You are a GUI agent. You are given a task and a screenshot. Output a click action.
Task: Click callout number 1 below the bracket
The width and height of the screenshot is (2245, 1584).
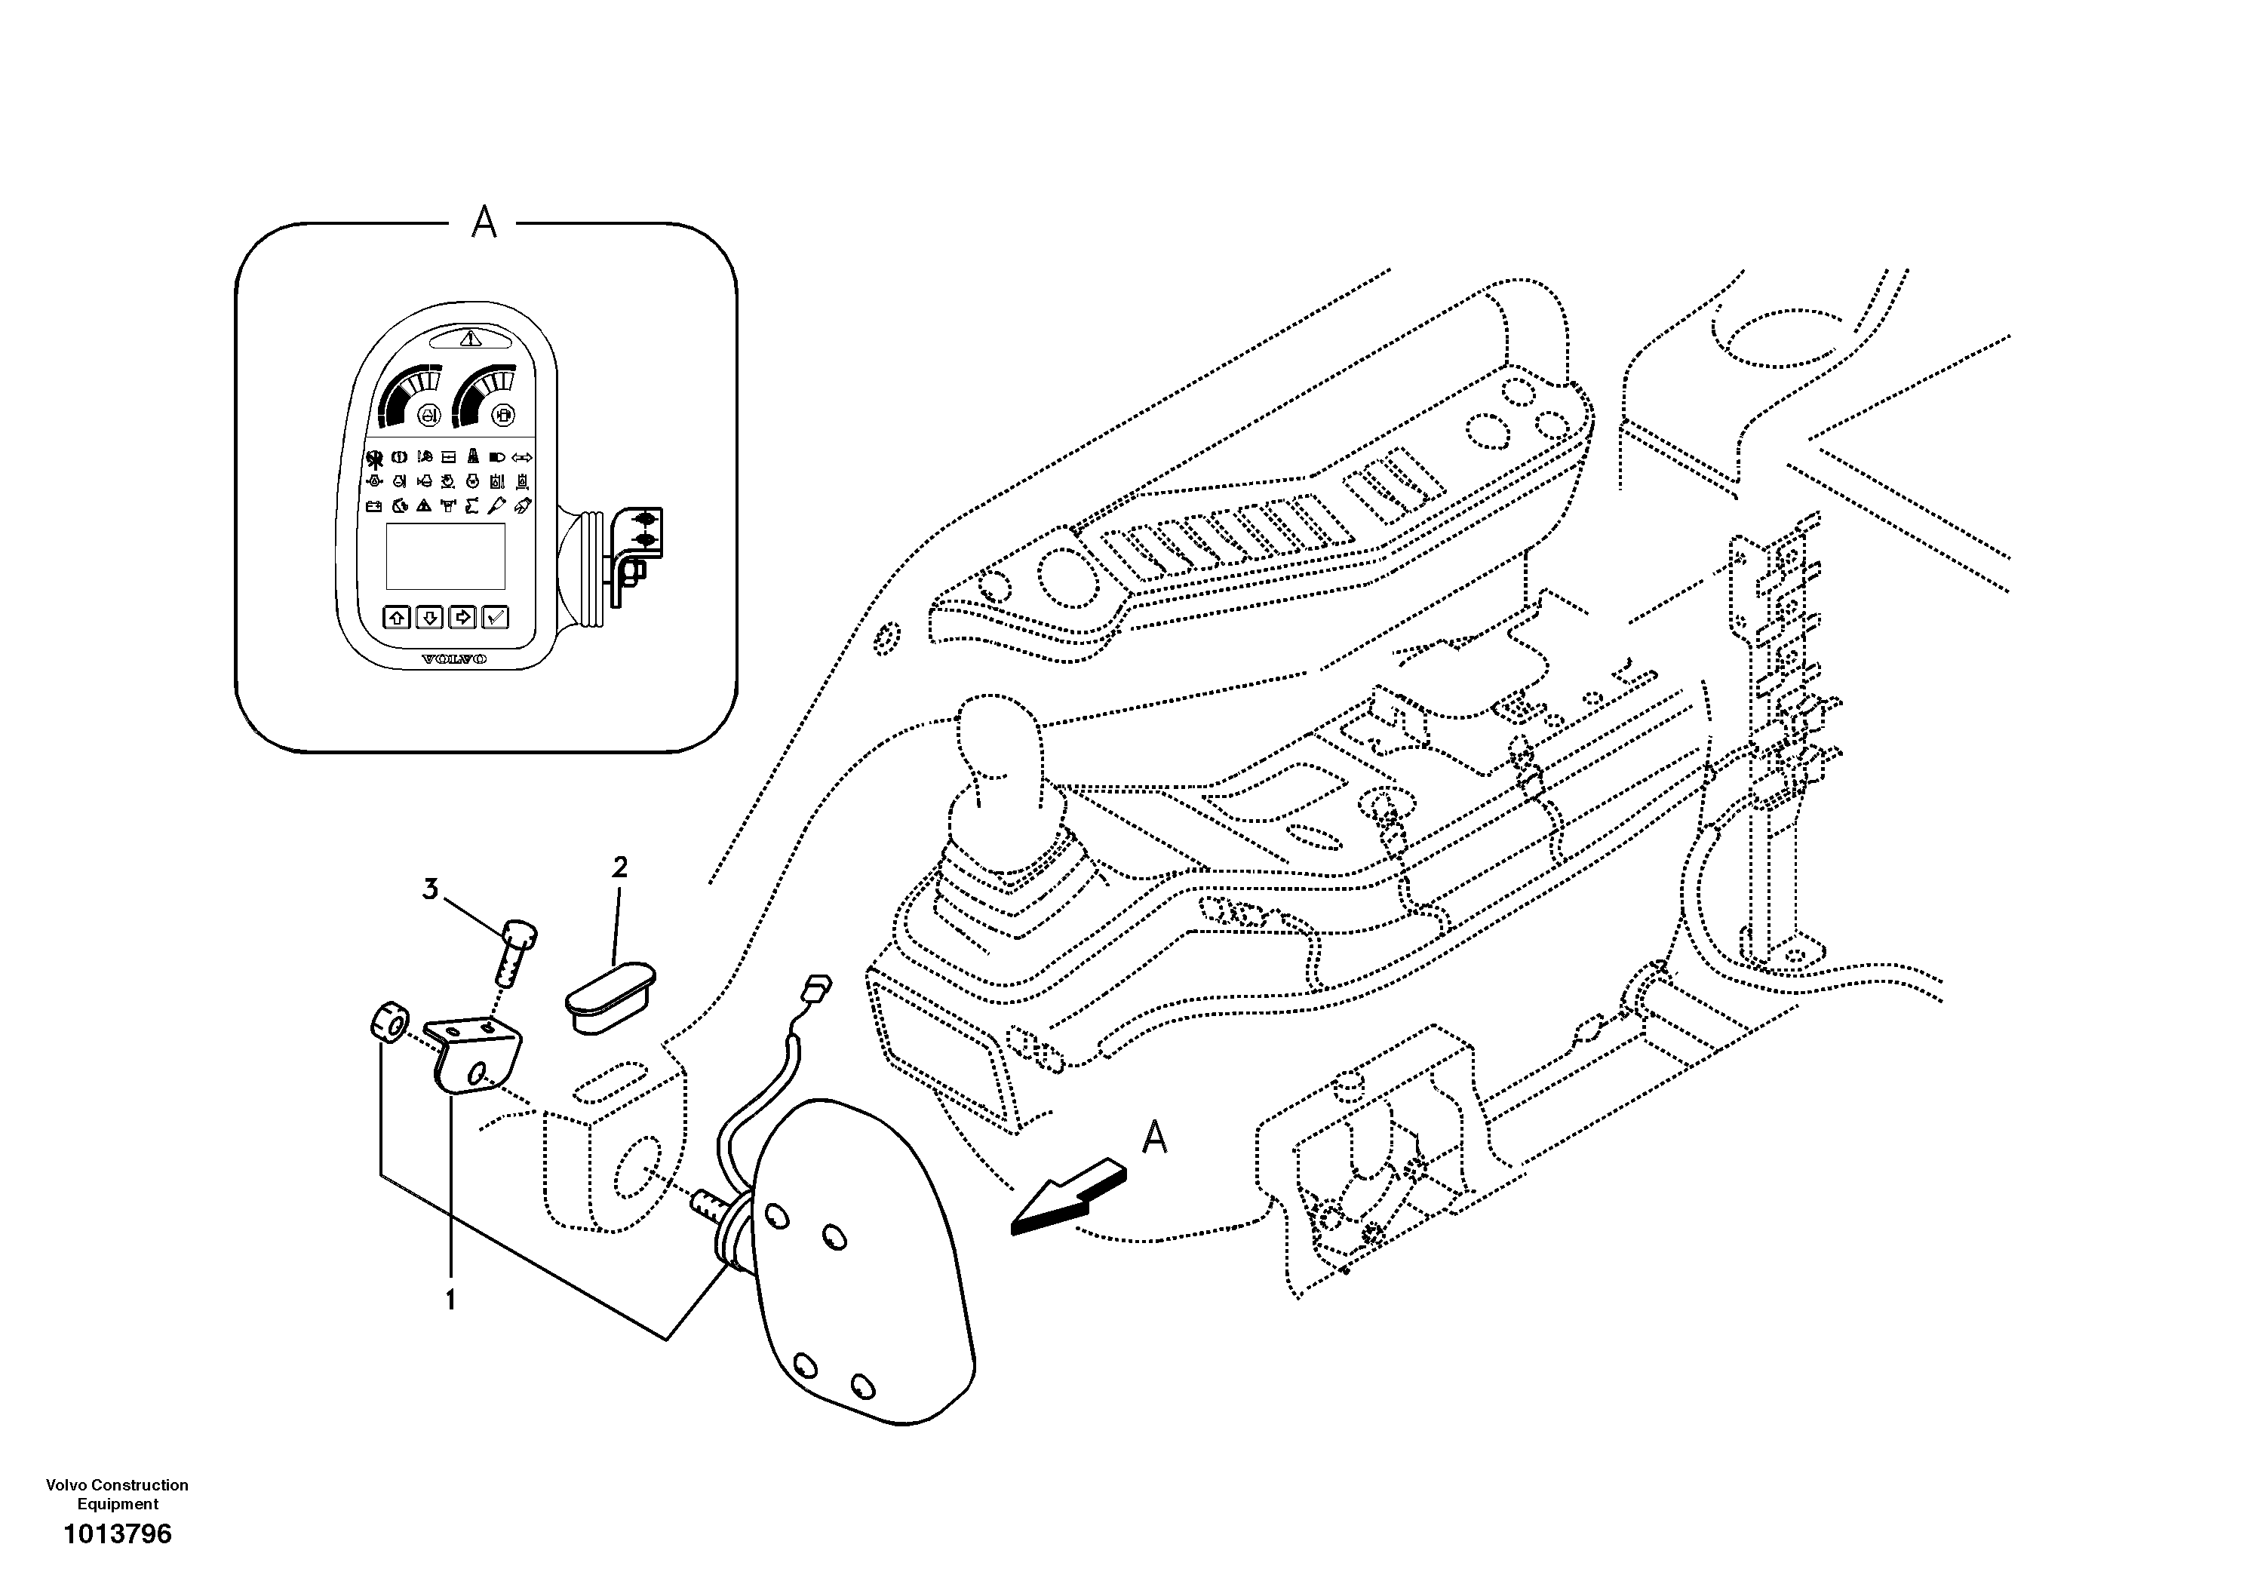tap(451, 1300)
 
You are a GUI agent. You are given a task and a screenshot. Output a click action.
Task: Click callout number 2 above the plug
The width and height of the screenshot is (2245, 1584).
tap(619, 867)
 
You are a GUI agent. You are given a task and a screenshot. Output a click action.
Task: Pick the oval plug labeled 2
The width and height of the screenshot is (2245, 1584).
tap(610, 993)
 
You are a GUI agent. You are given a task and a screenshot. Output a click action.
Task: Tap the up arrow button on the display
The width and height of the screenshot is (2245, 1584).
tap(397, 617)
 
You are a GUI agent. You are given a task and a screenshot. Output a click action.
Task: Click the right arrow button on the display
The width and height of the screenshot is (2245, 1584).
tap(462, 617)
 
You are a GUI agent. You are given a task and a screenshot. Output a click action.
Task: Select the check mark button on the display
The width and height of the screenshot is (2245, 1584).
tap(496, 617)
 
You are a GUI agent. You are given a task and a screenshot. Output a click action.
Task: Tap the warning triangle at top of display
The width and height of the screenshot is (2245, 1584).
tap(471, 339)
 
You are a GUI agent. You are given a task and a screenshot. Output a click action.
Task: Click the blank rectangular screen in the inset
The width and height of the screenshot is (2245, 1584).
tap(446, 555)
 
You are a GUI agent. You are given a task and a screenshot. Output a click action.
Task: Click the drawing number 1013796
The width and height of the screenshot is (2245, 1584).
tap(118, 1533)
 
